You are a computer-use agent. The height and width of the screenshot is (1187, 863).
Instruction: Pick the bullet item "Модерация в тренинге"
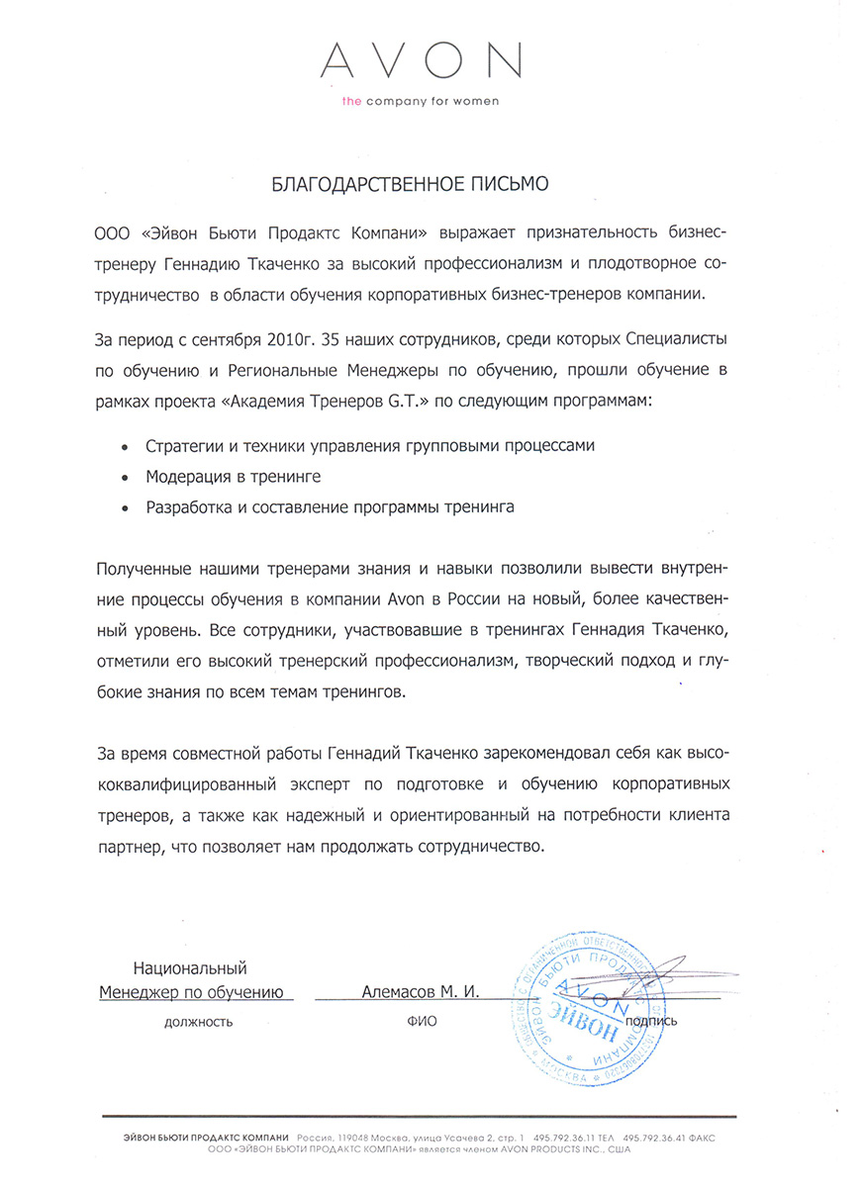click(x=234, y=476)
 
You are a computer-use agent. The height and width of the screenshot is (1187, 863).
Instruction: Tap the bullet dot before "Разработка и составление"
click(x=124, y=508)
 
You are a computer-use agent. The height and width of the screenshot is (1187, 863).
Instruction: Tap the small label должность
click(x=199, y=1023)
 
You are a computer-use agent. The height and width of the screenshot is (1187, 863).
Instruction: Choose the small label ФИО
click(x=421, y=1023)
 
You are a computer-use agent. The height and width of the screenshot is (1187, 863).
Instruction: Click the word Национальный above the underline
click(x=191, y=968)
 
